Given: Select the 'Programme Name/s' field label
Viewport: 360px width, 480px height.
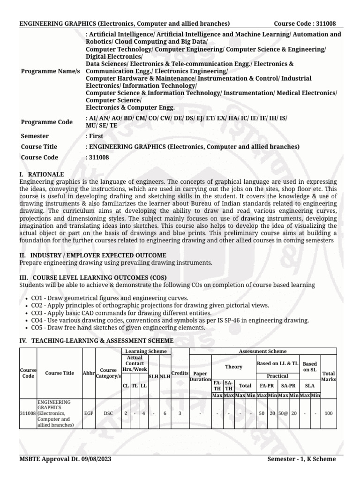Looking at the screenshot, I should (x=51, y=70).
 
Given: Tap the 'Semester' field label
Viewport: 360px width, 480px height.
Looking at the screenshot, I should (x=35, y=136).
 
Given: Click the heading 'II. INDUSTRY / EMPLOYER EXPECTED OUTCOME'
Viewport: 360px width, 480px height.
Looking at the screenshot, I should (x=92, y=255).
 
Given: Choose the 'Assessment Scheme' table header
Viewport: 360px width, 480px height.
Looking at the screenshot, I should (x=262, y=351).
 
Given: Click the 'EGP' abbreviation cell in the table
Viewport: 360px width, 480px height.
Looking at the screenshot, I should (x=88, y=414).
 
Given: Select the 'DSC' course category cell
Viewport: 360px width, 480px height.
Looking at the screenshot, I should (x=108, y=414).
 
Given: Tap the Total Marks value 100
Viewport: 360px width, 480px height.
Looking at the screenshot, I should (x=329, y=414).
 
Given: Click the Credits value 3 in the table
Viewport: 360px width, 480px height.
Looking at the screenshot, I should (x=180, y=414).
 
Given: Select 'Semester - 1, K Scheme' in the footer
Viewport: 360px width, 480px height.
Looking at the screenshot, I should (x=301, y=459).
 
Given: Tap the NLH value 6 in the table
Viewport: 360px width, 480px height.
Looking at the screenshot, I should (x=165, y=414).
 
